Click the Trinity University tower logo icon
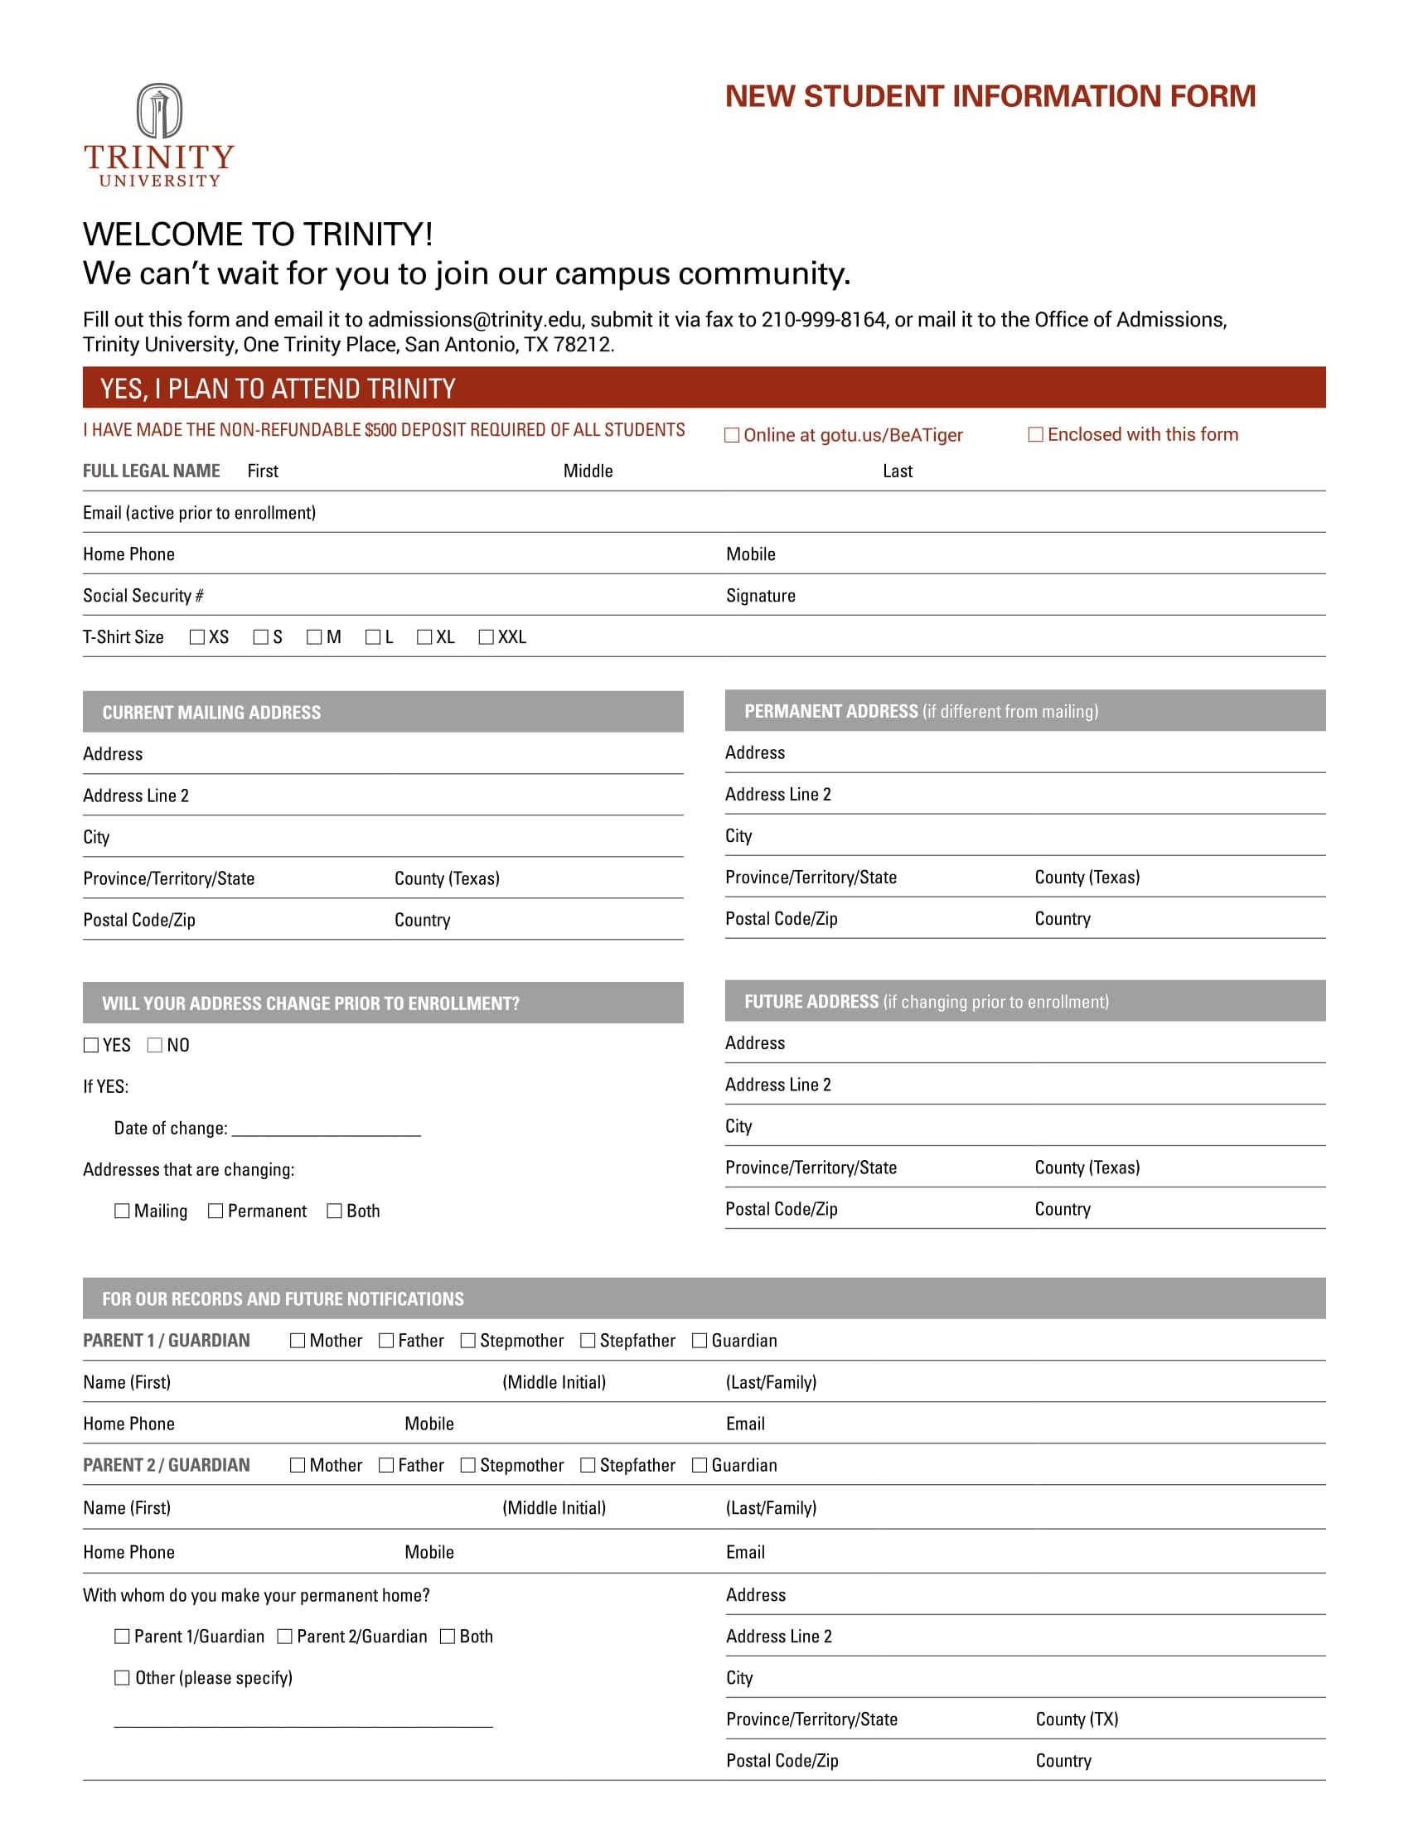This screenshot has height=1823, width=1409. (x=158, y=111)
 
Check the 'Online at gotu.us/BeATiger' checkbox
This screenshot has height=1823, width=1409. (x=731, y=435)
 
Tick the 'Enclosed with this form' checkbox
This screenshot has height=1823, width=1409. (x=1035, y=434)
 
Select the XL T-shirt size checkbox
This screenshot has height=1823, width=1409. (x=424, y=637)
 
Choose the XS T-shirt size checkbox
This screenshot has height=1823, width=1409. (x=197, y=637)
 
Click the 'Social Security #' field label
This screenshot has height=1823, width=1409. (x=143, y=595)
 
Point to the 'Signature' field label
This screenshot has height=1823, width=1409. (x=759, y=595)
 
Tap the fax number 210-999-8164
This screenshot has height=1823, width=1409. (x=823, y=320)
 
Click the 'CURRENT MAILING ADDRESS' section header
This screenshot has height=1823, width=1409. (x=211, y=712)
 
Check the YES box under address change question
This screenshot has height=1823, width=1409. (x=91, y=1045)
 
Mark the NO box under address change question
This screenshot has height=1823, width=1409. (x=154, y=1045)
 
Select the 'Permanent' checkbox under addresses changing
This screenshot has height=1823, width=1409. (x=215, y=1211)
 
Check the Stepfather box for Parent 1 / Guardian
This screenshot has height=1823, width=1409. (x=588, y=1341)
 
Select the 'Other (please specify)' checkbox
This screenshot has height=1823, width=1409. (x=122, y=1678)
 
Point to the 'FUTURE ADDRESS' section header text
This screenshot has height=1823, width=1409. (x=811, y=1002)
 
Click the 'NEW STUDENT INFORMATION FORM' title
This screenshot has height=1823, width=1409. (x=990, y=96)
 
